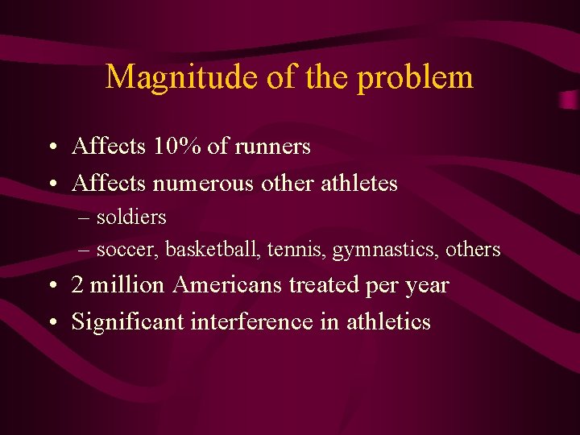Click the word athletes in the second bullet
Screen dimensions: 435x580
pos(359,184)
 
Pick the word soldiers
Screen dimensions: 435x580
pos(131,217)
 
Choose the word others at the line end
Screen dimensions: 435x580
pos(471,251)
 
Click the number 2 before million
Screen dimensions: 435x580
pos(78,285)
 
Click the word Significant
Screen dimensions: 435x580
pos(128,322)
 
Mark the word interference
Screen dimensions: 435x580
pos(253,322)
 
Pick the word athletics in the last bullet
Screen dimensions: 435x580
pos(388,322)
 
